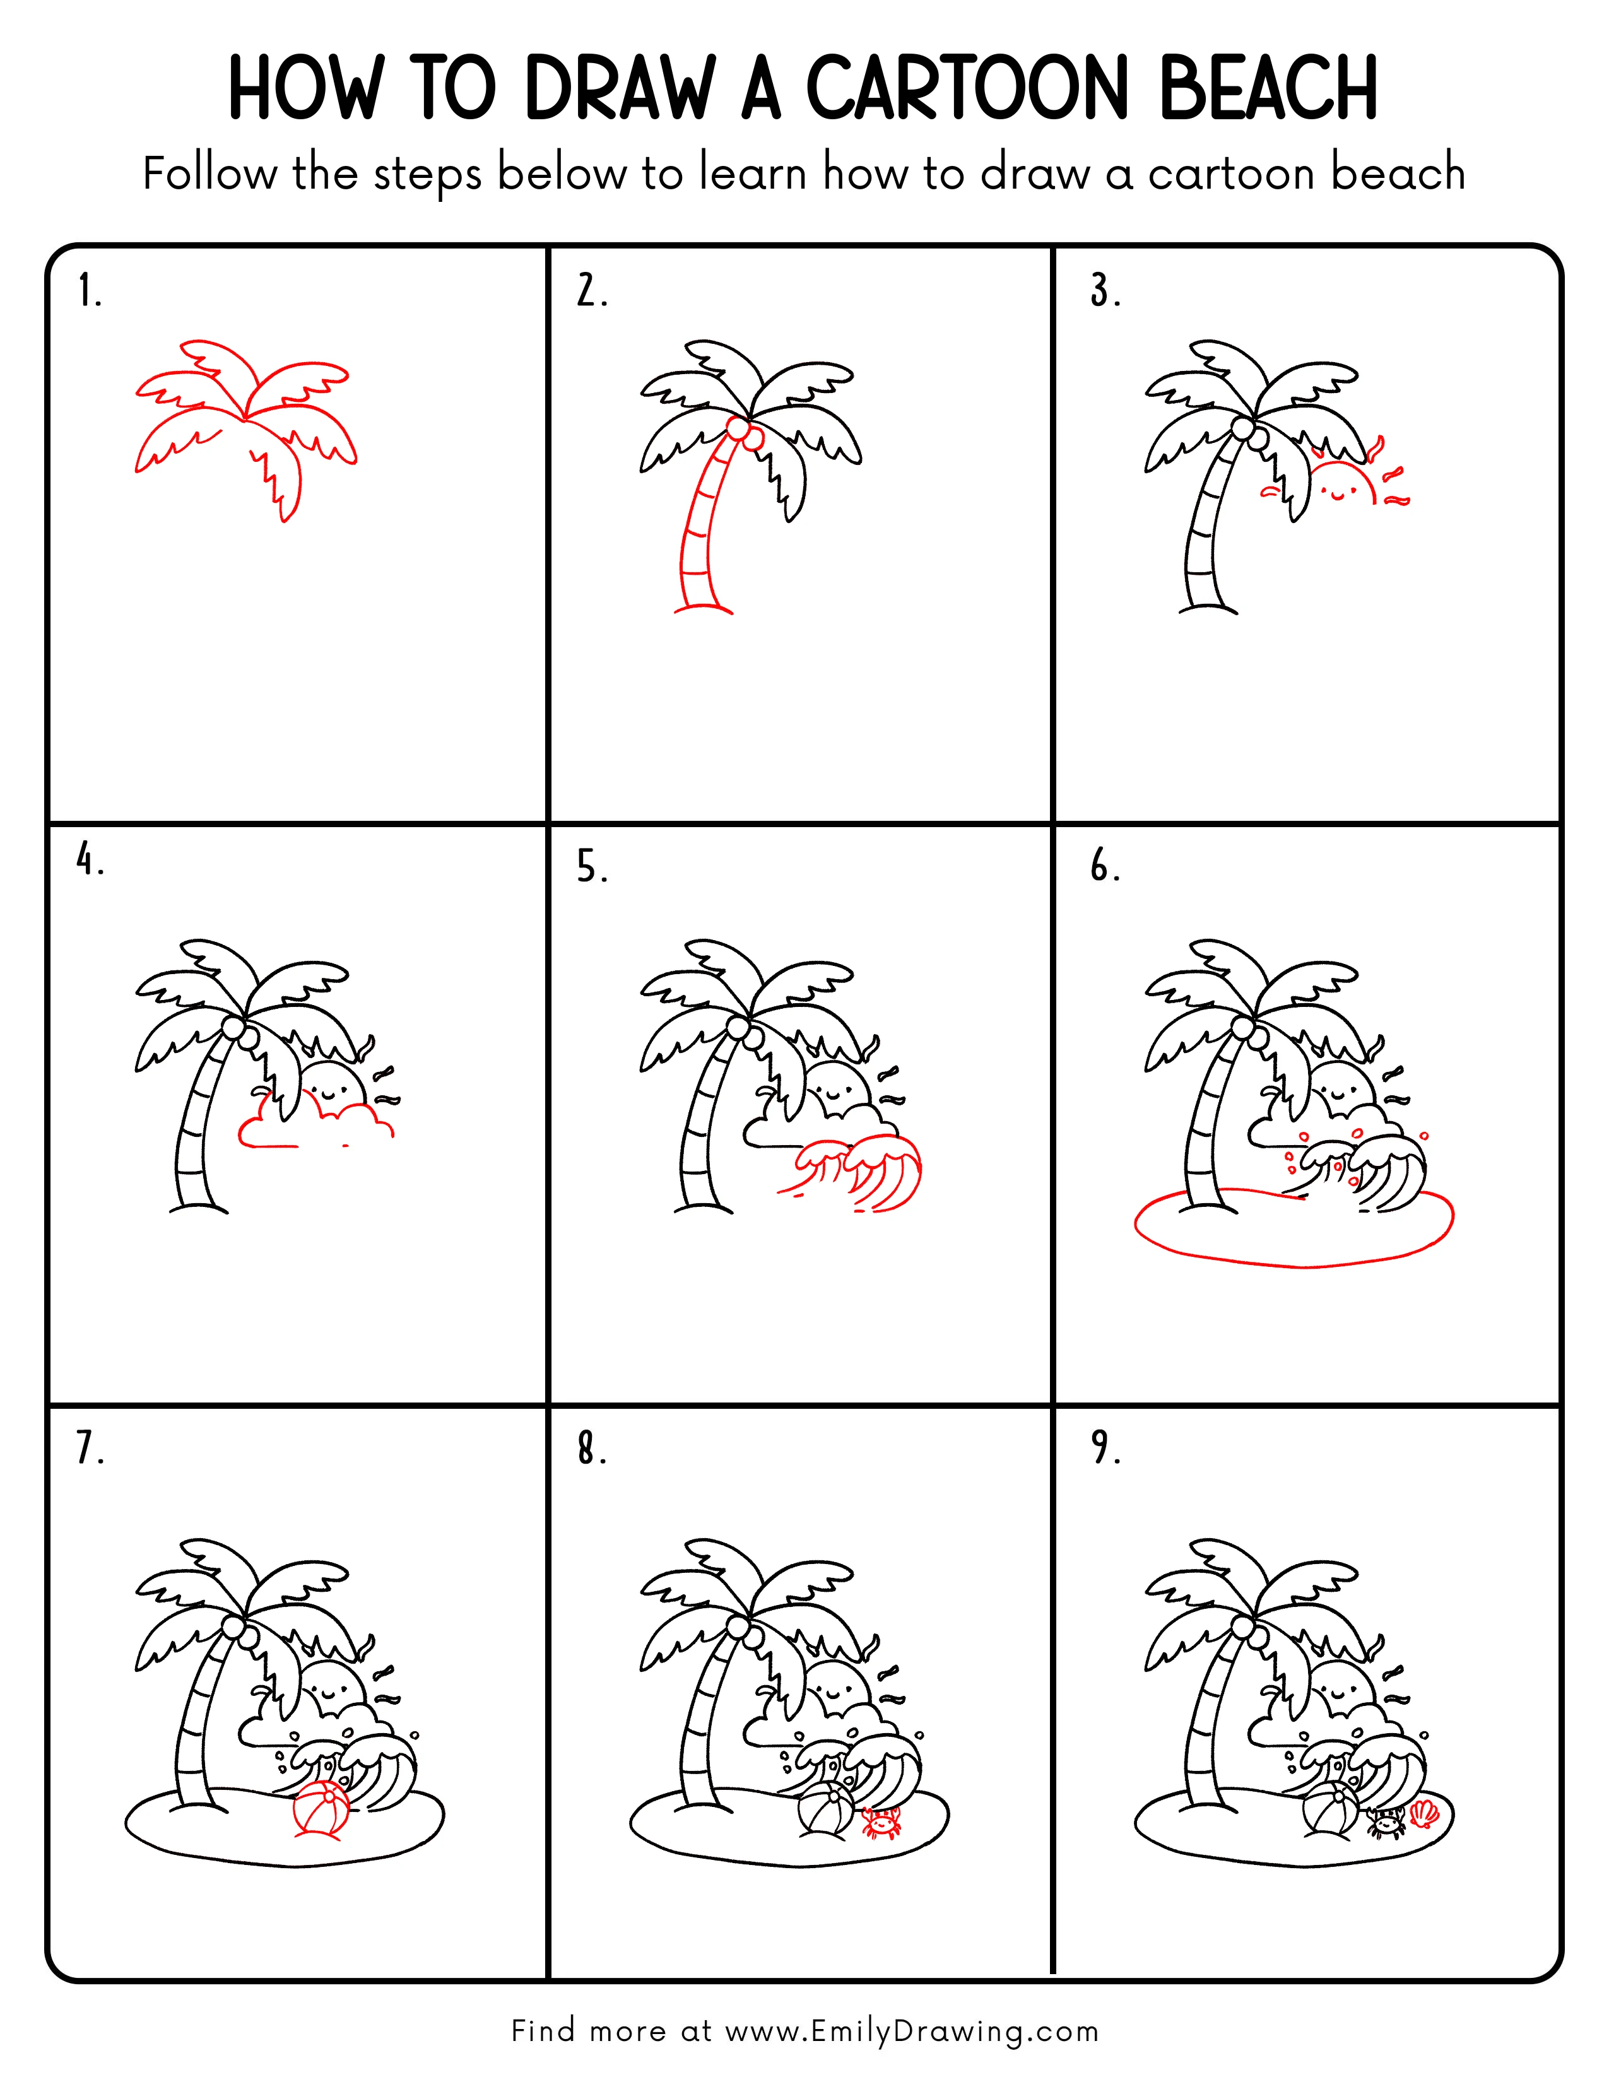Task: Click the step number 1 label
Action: point(88,291)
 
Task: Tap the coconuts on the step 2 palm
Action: point(743,434)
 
